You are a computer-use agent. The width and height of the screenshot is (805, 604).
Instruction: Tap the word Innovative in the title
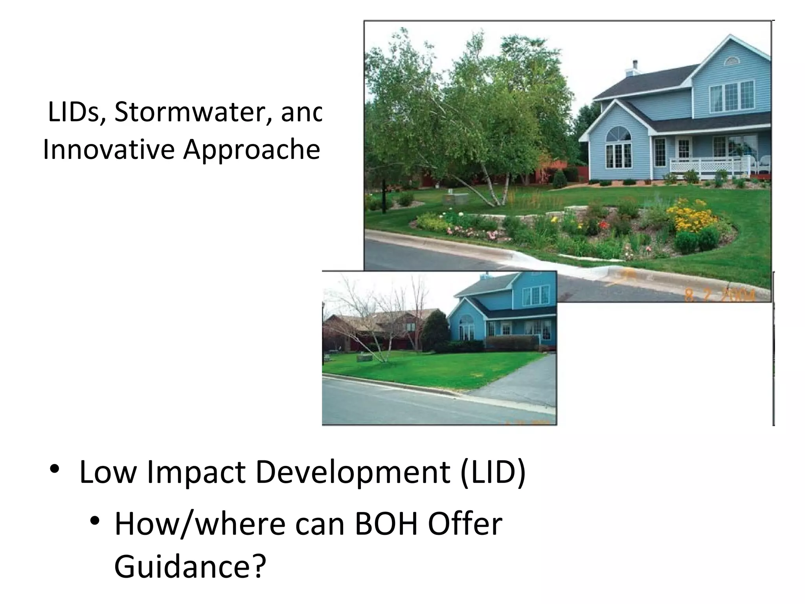coord(108,150)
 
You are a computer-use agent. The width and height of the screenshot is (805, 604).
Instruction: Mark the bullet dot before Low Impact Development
coord(55,469)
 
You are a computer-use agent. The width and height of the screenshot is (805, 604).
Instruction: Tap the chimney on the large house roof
coord(634,69)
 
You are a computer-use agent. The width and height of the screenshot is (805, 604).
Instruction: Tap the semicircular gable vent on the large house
coord(731,61)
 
